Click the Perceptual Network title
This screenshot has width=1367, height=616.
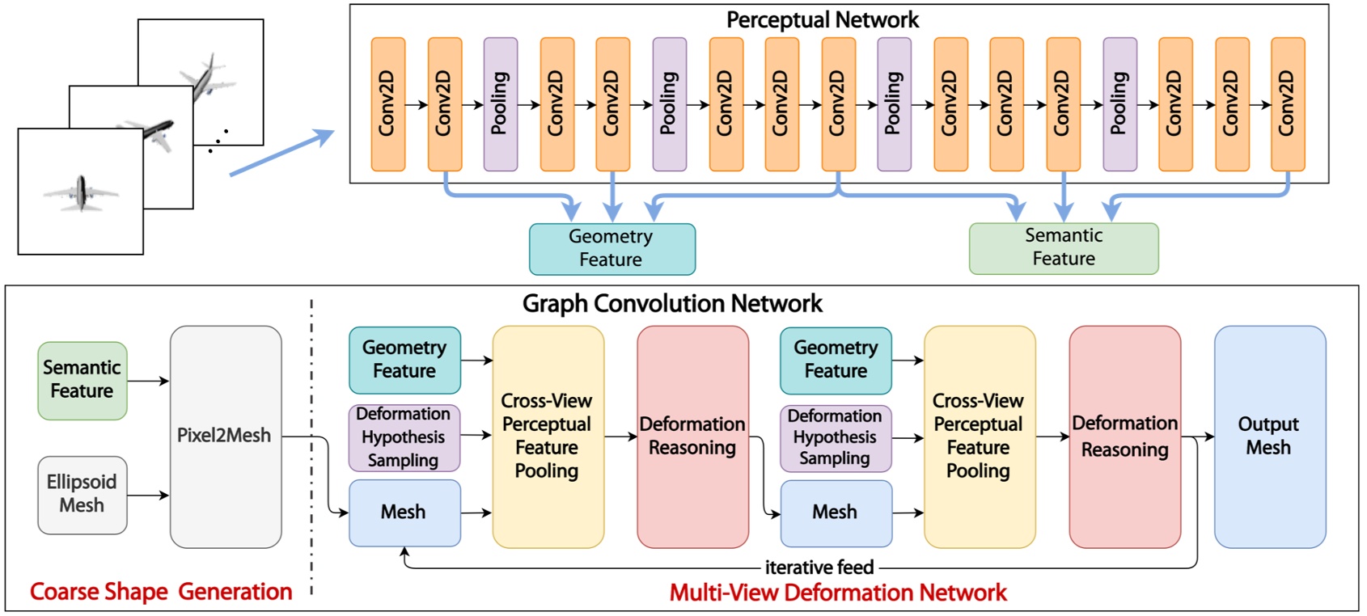[822, 19]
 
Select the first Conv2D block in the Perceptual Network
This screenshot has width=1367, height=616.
[387, 103]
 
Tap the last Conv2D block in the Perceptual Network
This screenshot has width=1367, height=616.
[1287, 103]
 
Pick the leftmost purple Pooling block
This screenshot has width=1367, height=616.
[500, 103]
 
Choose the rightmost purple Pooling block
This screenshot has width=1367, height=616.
[1119, 103]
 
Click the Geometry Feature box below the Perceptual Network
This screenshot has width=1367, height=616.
[612, 248]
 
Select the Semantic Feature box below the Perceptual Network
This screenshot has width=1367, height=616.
[1063, 247]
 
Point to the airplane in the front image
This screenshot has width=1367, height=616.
[81, 192]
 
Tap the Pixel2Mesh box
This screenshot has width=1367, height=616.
[225, 436]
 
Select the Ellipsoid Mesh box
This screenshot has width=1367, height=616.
[82, 494]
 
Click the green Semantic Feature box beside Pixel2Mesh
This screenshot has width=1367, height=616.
[82, 380]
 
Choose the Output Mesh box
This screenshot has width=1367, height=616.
[1268, 436]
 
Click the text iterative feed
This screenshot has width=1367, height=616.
[819, 567]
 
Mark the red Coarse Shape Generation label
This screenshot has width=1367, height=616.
[161, 592]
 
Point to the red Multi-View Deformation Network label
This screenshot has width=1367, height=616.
[838, 593]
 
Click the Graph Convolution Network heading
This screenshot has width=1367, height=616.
[671, 304]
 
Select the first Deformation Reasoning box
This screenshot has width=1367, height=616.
[692, 436]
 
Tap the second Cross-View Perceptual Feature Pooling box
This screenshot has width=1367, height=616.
[979, 436]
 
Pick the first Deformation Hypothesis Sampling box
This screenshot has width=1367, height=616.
[404, 437]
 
